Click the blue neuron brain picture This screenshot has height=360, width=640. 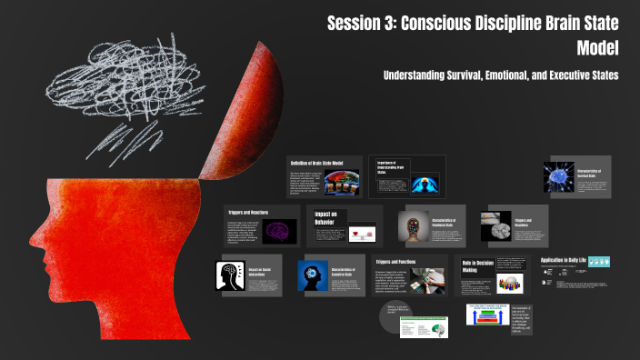pyautogui.click(x=557, y=175)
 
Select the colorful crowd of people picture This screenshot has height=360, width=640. pyautogui.click(x=512, y=283)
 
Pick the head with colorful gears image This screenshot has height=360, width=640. pyautogui.click(x=415, y=226)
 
